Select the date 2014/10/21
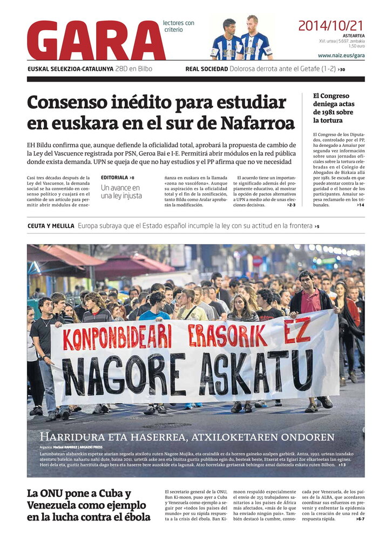331,25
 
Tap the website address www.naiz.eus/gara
341,55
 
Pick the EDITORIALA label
114,177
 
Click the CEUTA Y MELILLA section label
51,226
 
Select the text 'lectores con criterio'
178,26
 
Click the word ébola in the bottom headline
131,517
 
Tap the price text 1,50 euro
356,46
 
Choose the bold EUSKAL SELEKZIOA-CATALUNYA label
70,69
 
